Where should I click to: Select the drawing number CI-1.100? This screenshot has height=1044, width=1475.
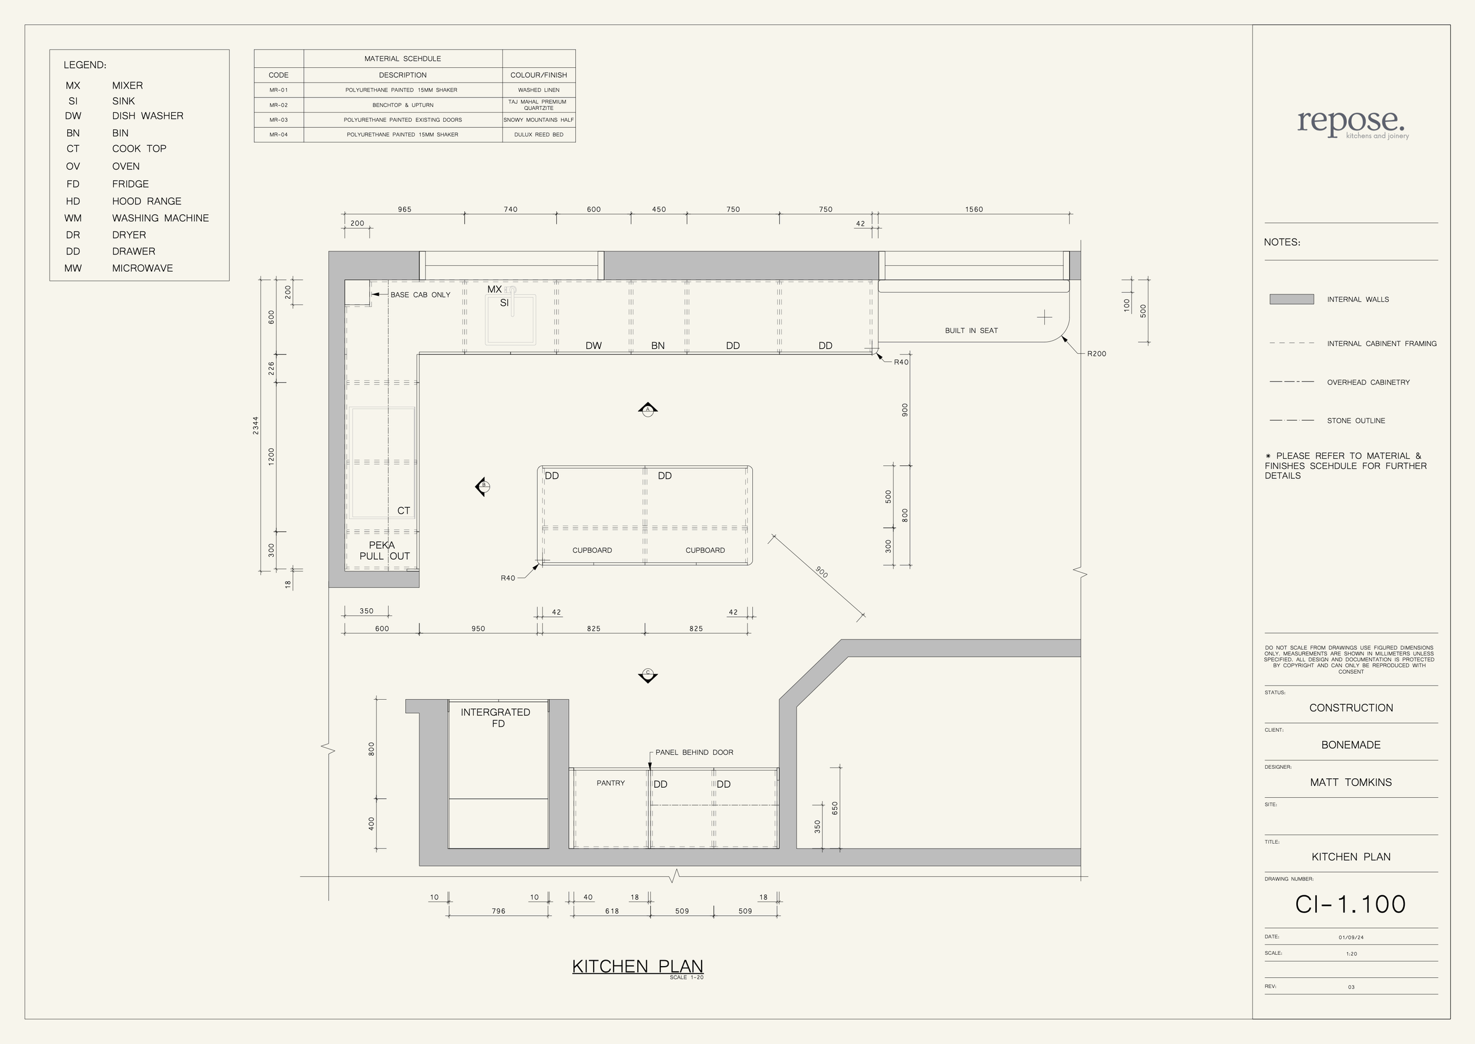[x=1351, y=905]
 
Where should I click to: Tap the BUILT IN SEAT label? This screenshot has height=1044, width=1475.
[x=971, y=331]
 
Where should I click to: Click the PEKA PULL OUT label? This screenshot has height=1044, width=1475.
[x=383, y=551]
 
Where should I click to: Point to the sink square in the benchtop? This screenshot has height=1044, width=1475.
[x=511, y=319]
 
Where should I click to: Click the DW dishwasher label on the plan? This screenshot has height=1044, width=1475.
[x=594, y=346]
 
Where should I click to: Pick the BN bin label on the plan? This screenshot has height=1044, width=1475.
[x=658, y=346]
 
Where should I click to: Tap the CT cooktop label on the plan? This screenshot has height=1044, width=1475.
[x=404, y=511]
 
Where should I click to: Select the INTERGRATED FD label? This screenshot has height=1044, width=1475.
[x=496, y=718]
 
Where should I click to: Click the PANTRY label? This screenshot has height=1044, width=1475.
[x=610, y=783]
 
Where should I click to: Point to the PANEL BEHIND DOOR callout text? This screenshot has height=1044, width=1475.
[x=694, y=752]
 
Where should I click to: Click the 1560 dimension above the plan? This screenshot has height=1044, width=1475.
[x=974, y=210]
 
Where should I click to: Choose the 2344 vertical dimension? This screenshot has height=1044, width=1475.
[x=255, y=426]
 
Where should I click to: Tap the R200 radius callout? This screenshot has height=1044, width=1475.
[x=1097, y=354]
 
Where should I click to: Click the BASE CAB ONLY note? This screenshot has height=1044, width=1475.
[x=420, y=295]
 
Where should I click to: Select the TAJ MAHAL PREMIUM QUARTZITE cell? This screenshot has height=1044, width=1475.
[x=538, y=105]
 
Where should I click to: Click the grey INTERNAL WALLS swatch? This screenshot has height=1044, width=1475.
[x=1292, y=299]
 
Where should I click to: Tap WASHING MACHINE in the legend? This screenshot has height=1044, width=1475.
[x=160, y=218]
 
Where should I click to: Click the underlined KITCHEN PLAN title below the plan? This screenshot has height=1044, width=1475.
[x=637, y=967]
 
